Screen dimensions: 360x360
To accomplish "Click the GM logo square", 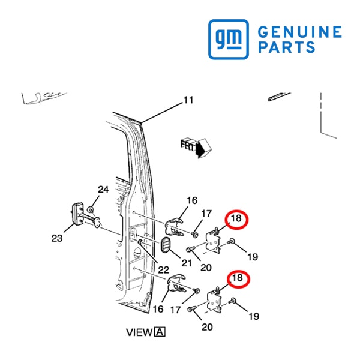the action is click(229, 39).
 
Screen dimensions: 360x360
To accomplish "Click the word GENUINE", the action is click(300, 32).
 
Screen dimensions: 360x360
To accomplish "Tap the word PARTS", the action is click(287, 47).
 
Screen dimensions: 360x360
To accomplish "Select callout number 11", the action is click(188, 100).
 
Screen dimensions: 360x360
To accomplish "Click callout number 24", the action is click(103, 190).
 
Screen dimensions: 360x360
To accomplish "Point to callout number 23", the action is click(57, 238).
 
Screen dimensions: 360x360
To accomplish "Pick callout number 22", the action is click(163, 270).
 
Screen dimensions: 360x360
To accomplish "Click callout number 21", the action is click(187, 263).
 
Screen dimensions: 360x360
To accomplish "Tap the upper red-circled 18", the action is click(236, 219).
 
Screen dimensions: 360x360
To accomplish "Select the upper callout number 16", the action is click(192, 200).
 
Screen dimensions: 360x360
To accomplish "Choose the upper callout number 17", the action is click(206, 214).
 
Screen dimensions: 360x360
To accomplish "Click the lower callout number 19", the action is click(254, 316).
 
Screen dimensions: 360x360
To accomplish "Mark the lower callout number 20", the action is click(207, 327).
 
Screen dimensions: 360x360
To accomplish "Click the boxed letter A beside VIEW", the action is click(160, 332).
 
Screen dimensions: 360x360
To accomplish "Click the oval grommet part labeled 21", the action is click(166, 245).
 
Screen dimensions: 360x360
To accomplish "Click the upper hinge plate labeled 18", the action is click(213, 241).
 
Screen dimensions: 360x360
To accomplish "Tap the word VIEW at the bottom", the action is click(139, 332).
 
